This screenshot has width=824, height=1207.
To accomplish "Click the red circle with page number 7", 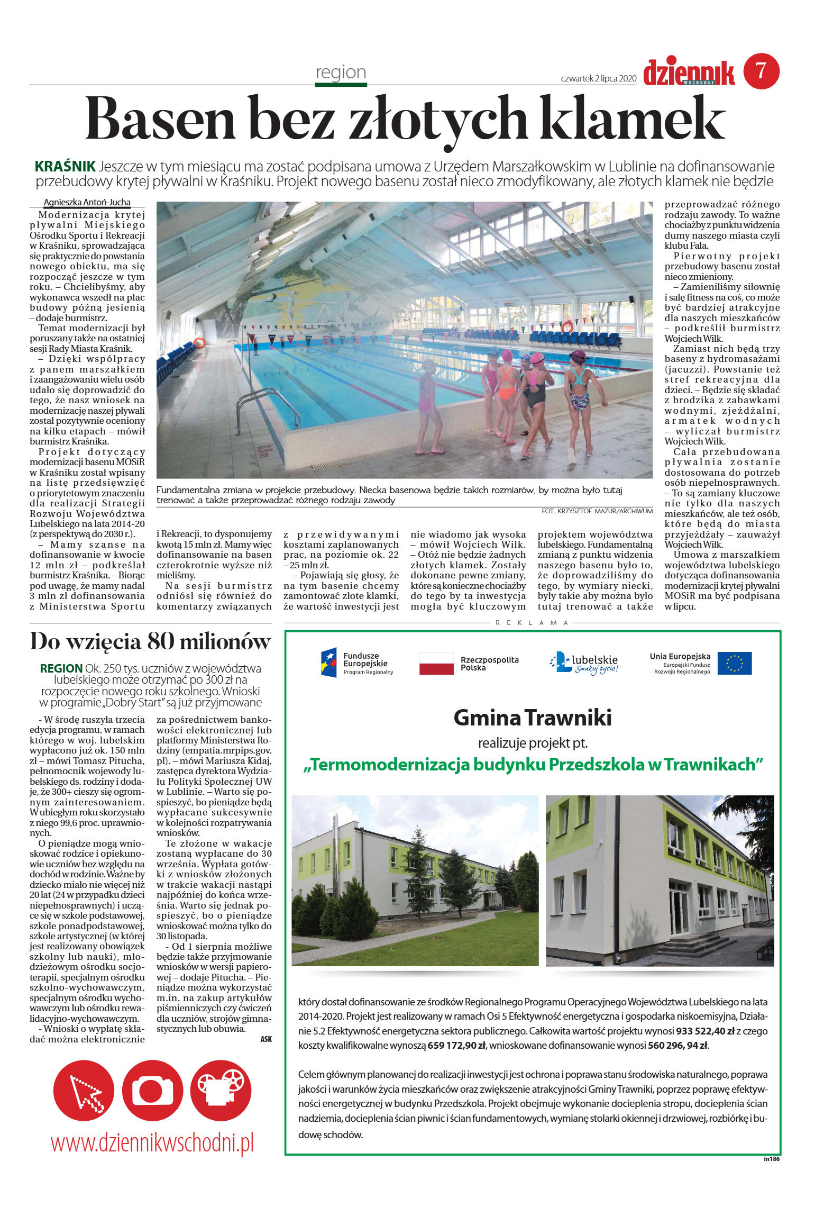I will pyautogui.click(x=761, y=71).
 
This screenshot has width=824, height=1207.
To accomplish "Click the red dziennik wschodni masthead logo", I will pyautogui.click(x=689, y=73).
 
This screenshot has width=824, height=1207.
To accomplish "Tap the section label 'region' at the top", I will pyautogui.click(x=341, y=72).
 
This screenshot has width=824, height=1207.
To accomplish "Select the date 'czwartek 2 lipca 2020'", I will pyautogui.click(x=598, y=78).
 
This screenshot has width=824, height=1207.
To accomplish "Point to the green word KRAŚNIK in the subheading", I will pyautogui.click(x=65, y=166).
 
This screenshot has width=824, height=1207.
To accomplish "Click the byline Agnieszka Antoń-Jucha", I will pyautogui.click(x=87, y=202).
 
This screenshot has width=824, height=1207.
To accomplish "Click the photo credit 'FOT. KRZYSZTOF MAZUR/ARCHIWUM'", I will pyautogui.click(x=597, y=511).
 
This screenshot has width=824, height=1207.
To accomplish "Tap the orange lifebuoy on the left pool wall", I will pyautogui.click(x=199, y=342).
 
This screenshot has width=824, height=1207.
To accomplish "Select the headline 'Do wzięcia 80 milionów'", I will pyautogui.click(x=150, y=641).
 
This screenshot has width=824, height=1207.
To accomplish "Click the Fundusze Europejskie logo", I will pyautogui.click(x=356, y=663).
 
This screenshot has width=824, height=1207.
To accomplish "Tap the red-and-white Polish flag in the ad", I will pyautogui.click(x=436, y=664).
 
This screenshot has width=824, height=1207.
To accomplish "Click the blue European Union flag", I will pyautogui.click(x=734, y=664).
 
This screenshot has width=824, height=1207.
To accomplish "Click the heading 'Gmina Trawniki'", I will pyautogui.click(x=532, y=718).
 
